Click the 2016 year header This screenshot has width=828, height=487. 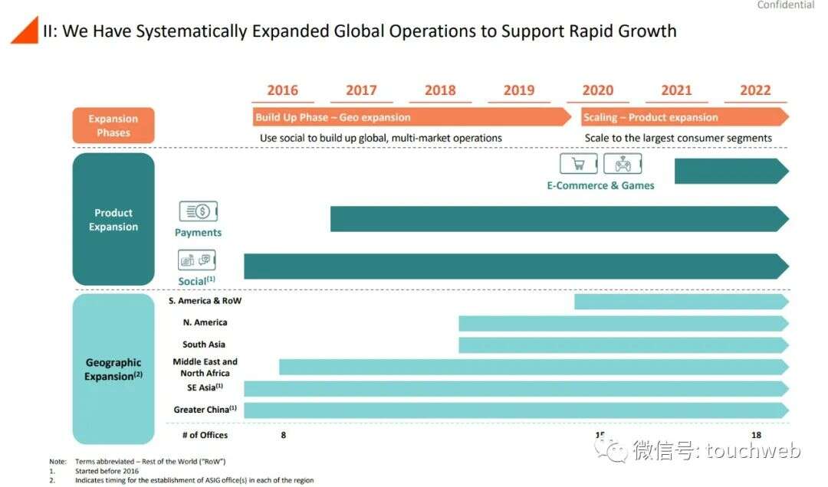coord(282,90)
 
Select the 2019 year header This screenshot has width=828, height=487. coord(519,90)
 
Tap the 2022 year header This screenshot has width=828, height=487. coord(755,90)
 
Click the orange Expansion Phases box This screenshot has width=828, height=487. coord(113,126)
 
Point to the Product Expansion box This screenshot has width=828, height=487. coord(113,220)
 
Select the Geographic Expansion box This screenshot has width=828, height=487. coord(113,369)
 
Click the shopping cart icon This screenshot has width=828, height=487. coord(578,164)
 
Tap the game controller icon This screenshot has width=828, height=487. coord(623,164)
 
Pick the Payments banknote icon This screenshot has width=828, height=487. coord(198,212)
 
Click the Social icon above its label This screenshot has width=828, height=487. coord(196,260)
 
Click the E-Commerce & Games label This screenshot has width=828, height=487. coord(600,185)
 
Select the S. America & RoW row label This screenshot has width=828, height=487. coord(205,301)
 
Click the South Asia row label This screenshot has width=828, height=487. coord(204,345)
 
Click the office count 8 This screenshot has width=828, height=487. coord(284,435)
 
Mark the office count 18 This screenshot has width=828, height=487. coord(756,435)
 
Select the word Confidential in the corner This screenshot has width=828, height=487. coord(785,5)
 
